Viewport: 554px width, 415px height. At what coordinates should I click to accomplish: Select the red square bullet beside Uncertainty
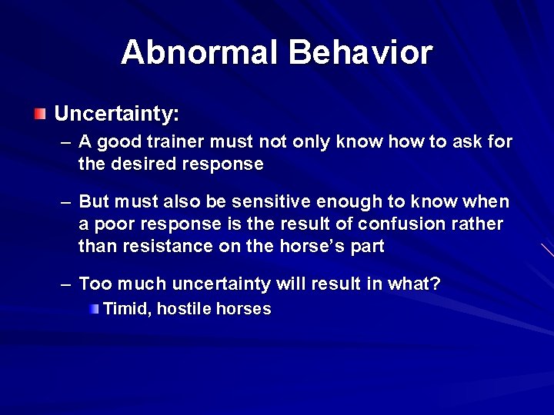coord(39,115)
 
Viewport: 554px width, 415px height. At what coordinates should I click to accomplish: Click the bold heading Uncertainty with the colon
coord(116,115)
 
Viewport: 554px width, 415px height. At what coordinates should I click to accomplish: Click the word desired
coord(145,164)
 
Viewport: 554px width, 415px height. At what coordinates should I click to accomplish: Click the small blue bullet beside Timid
coord(93,309)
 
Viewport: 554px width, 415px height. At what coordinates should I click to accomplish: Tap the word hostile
coord(185,309)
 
